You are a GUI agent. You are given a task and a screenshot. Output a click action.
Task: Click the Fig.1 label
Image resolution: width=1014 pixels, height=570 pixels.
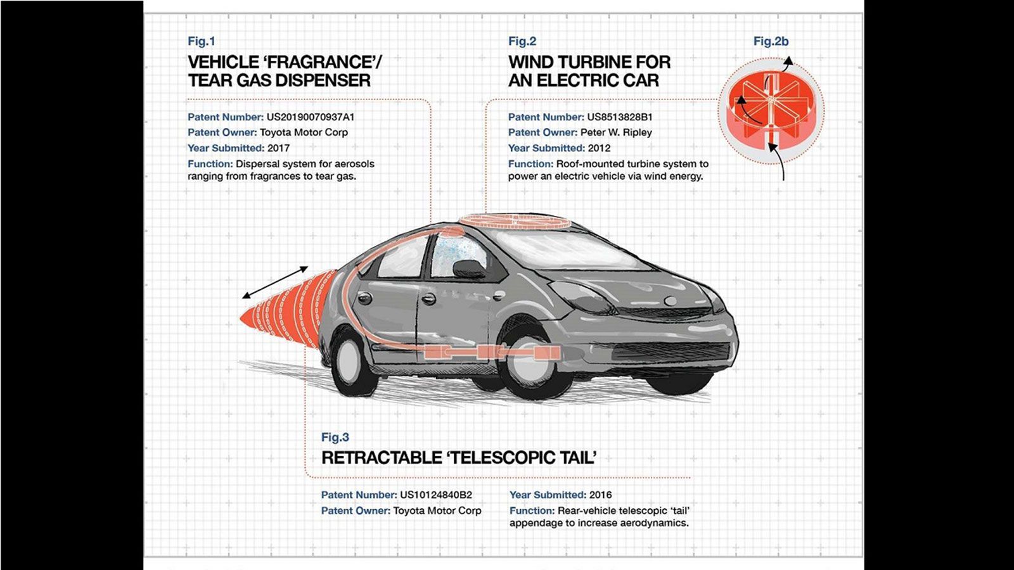[x=202, y=41]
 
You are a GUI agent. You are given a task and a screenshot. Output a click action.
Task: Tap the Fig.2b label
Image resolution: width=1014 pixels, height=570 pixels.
[x=771, y=41]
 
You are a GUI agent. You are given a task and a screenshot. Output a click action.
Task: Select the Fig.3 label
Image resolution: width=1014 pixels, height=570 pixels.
[x=335, y=437]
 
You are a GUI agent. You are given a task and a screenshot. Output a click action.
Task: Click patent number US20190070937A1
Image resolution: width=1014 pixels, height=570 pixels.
[x=311, y=117]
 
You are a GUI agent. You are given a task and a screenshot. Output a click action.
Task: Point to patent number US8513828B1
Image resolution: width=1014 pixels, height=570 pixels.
[x=620, y=117]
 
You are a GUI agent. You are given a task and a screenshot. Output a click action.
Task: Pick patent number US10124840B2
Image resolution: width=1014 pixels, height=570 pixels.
[x=436, y=495]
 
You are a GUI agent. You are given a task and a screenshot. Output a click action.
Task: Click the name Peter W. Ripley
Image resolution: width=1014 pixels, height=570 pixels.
[x=616, y=132]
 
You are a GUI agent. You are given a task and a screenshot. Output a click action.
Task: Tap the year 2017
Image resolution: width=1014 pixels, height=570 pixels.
[x=278, y=148]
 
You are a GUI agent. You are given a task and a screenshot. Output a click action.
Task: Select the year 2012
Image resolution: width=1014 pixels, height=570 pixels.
[x=599, y=148]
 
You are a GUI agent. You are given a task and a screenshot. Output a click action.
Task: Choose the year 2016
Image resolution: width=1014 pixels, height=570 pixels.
[x=600, y=495]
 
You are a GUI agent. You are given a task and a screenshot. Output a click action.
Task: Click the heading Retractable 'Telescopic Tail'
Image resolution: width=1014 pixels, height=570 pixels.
[x=459, y=458]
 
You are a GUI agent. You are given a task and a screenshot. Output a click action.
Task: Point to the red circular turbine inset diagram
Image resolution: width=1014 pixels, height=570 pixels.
[x=771, y=111]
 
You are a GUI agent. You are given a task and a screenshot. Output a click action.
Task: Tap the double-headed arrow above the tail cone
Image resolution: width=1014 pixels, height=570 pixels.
[x=275, y=282]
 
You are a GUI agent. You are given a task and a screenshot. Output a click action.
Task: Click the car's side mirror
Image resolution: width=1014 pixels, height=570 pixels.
[x=468, y=269]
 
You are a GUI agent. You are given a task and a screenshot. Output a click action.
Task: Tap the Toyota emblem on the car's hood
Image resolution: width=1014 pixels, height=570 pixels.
[x=671, y=301]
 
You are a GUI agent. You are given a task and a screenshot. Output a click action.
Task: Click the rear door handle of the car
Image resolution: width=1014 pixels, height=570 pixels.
[x=364, y=298]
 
